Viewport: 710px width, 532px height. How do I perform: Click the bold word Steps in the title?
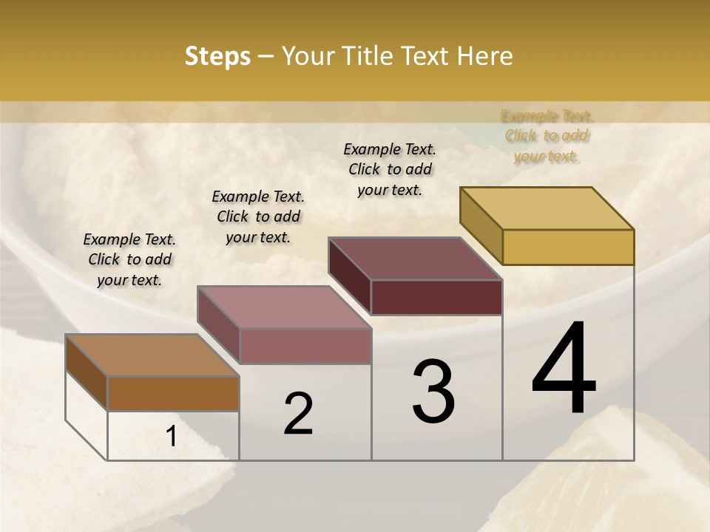(217, 56)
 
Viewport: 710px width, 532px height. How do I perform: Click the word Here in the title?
(485, 56)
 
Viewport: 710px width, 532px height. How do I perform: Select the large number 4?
(564, 369)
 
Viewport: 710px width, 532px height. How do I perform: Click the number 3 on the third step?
(433, 392)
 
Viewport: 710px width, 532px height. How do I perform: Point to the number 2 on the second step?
(299, 414)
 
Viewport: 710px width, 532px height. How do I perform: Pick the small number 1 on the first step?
(172, 437)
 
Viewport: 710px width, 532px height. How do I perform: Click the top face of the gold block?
(547, 208)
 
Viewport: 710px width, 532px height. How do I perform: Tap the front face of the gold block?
(568, 247)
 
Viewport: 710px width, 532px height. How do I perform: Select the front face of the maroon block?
(436, 297)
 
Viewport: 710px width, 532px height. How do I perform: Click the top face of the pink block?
(284, 307)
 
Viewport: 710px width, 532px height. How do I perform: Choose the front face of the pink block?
(305, 346)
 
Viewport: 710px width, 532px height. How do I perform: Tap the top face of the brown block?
(152, 355)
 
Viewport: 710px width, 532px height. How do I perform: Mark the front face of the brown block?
(173, 394)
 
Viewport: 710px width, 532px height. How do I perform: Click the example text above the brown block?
(129, 259)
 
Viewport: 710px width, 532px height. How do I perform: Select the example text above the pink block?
(258, 216)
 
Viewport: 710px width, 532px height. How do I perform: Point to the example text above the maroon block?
(390, 169)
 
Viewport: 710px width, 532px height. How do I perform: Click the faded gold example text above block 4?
(547, 136)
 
